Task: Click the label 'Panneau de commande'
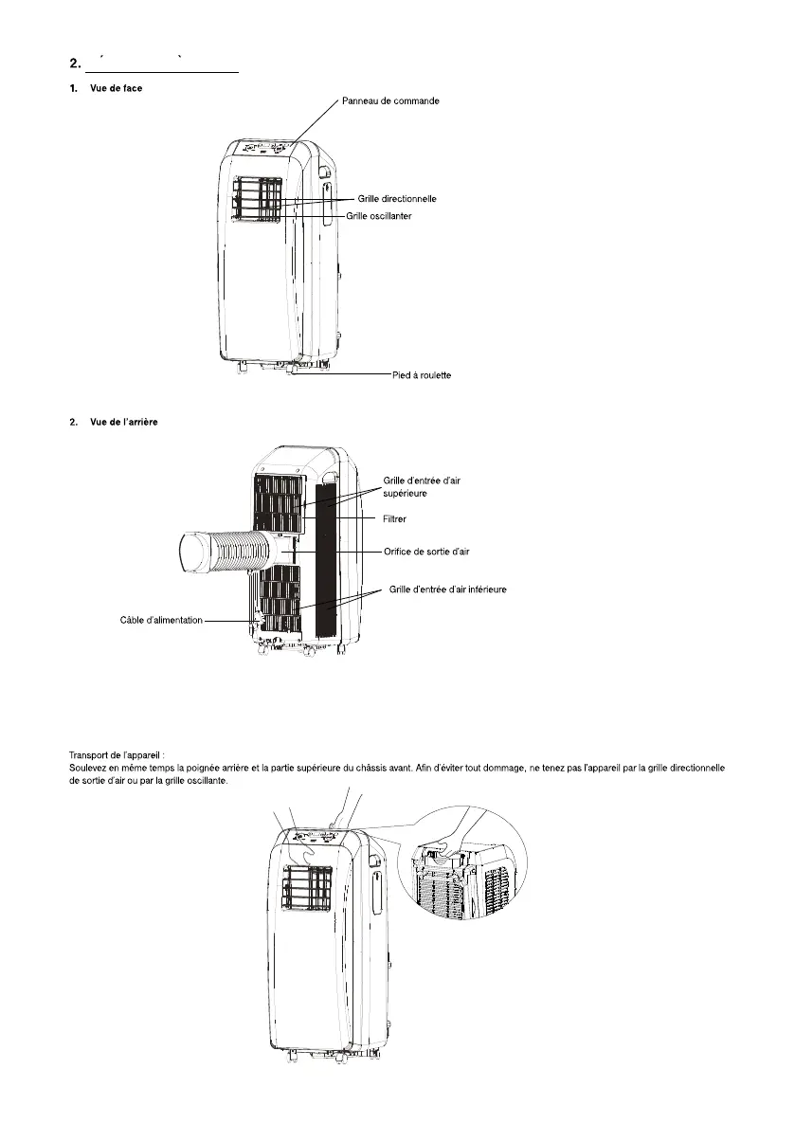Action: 389,100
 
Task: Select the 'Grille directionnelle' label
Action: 397,199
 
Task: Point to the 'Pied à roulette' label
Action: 422,375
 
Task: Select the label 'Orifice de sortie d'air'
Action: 426,551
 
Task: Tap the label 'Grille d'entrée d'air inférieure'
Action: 448,589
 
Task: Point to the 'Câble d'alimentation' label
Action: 161,620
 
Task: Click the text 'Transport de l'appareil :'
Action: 118,754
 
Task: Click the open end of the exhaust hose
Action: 197,553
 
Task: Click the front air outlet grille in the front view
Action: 259,201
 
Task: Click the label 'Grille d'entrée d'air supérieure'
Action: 422,487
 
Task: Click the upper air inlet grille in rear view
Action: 280,501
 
